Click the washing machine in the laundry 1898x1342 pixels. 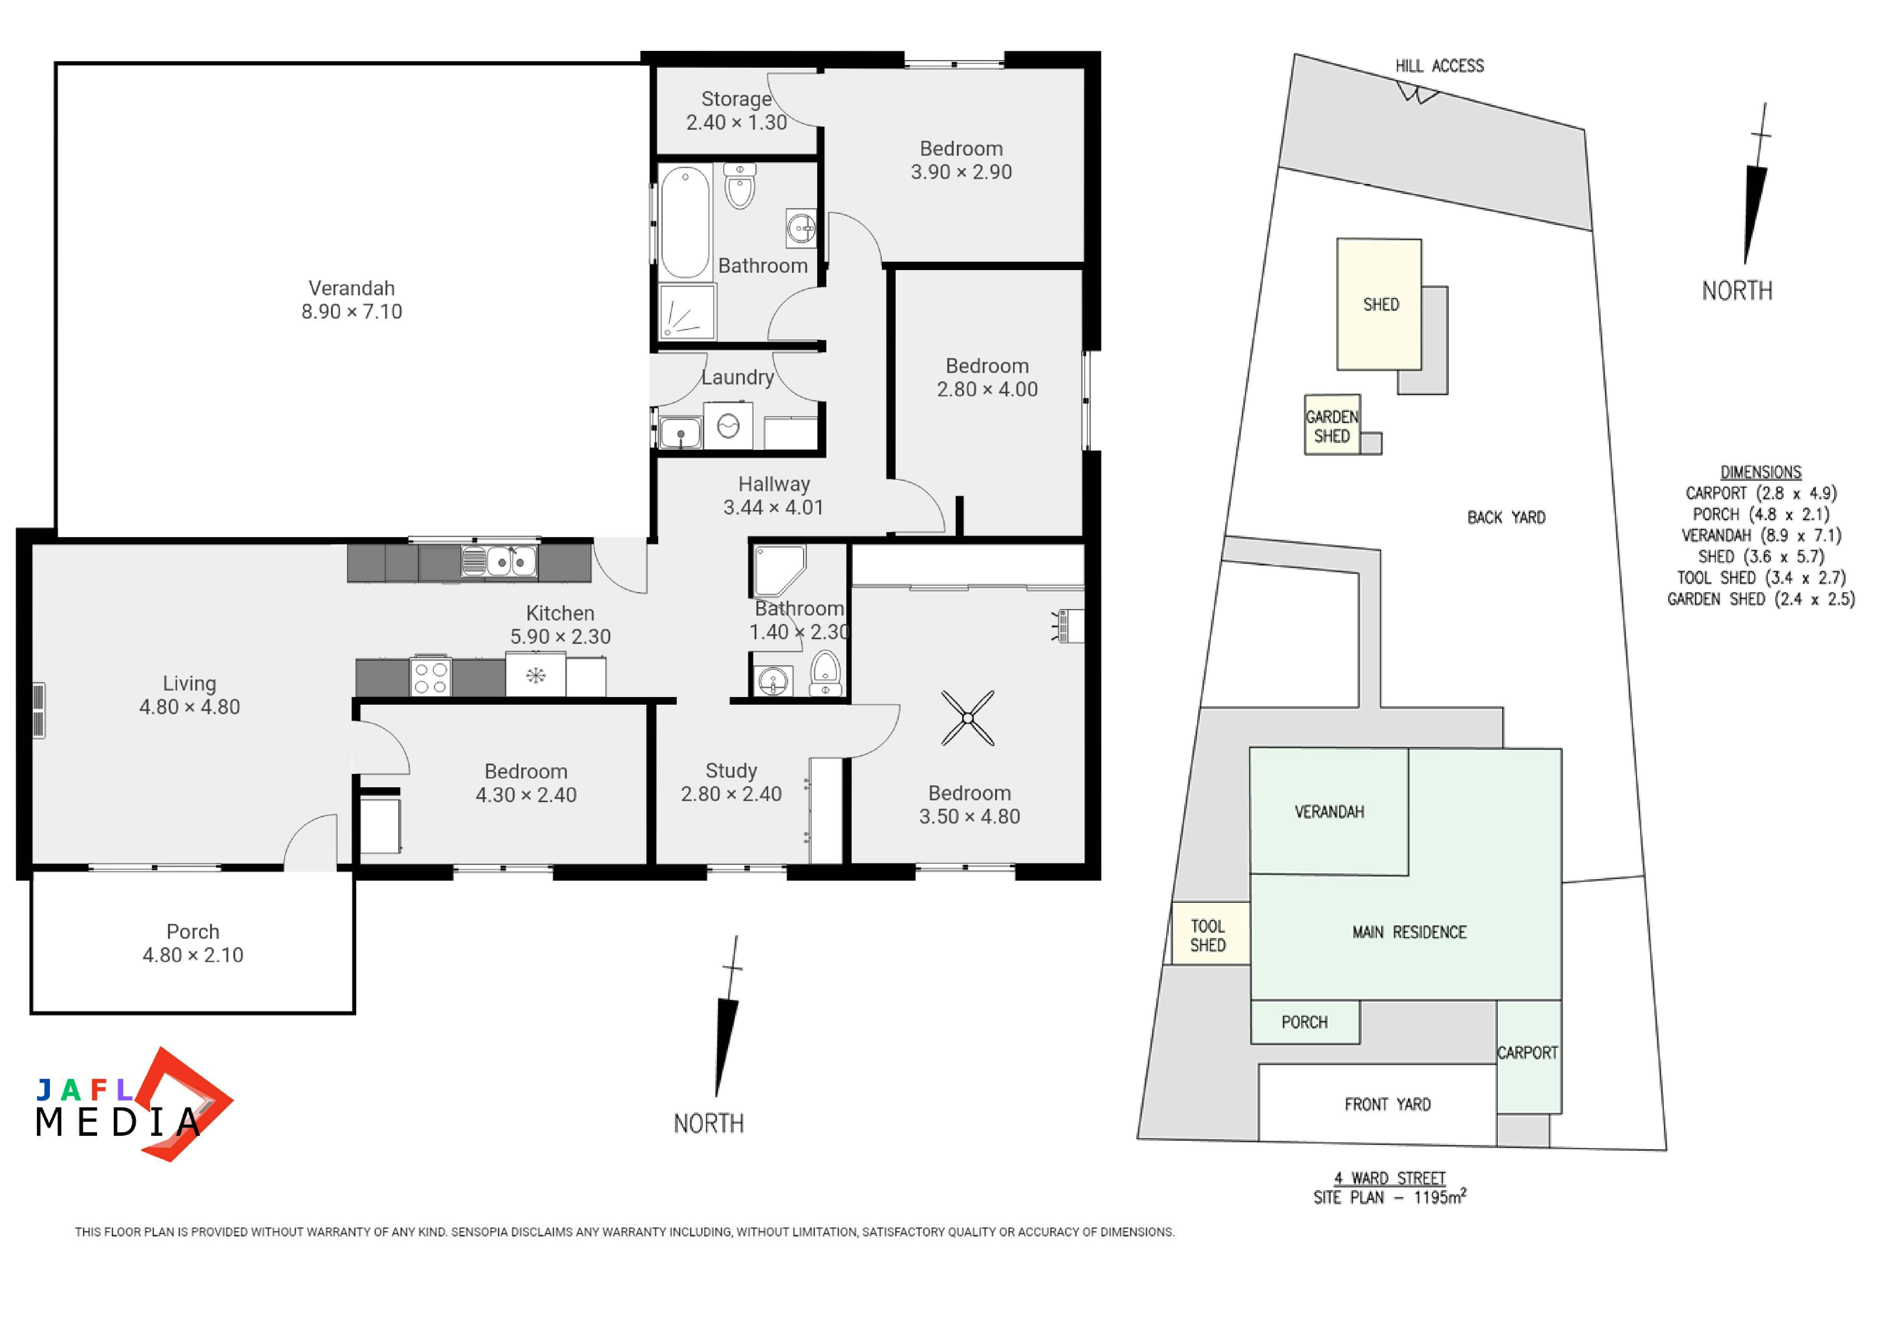[728, 425]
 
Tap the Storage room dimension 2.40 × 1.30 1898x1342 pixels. [736, 122]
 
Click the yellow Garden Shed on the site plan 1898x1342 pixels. [1332, 425]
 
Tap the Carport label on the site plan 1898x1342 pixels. [1528, 1053]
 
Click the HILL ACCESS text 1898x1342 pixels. [1439, 66]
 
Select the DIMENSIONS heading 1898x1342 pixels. [1761, 472]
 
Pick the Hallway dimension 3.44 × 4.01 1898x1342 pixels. [774, 507]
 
